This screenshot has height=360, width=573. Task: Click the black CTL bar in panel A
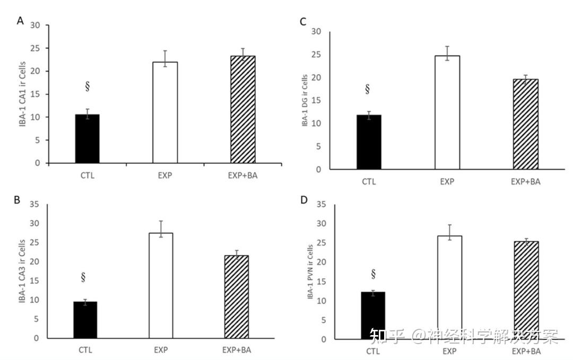[87, 138]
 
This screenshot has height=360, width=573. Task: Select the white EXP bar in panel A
[165, 112]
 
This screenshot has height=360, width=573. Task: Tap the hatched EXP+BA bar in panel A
[242, 109]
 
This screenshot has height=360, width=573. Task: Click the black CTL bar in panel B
[85, 320]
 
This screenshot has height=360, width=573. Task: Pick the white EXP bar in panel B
[161, 285]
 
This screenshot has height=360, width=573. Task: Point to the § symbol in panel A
[87, 87]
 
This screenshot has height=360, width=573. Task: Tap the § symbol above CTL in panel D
[373, 274]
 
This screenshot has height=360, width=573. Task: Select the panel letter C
[303, 22]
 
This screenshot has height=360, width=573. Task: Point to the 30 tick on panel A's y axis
[35, 25]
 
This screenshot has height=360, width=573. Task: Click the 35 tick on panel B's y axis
[35, 204]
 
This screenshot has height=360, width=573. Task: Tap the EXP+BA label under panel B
[237, 350]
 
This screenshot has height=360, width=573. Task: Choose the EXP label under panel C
[447, 181]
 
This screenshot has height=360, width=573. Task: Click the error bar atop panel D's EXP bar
[450, 232]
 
